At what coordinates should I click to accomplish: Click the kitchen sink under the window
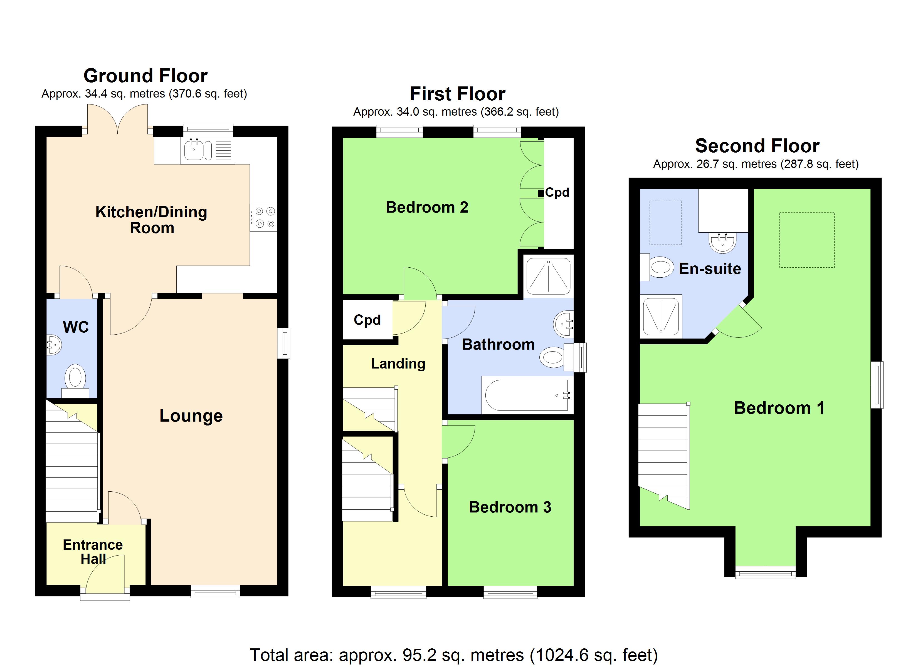194,150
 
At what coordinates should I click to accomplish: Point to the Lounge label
191,416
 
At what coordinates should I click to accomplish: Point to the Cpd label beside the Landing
367,320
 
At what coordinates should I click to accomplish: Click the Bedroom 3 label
510,507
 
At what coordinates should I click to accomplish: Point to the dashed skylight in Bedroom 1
807,240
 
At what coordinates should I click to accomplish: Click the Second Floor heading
757,146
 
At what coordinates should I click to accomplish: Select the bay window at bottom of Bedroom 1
765,574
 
